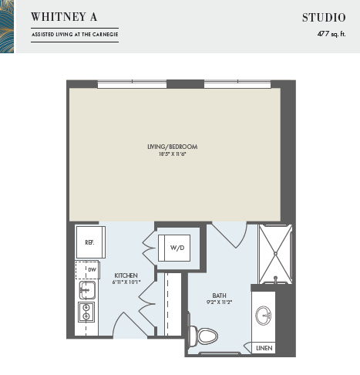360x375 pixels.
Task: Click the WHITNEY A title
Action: [x=64, y=17]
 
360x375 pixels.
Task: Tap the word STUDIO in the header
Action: [x=324, y=18]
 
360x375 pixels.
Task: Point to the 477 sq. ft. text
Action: [x=331, y=34]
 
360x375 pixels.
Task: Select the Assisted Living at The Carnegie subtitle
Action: [x=75, y=35]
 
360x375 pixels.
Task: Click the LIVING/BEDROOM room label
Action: [x=173, y=147]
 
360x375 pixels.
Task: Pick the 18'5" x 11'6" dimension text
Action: [x=172, y=154]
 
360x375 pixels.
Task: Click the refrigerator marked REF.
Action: [x=91, y=242]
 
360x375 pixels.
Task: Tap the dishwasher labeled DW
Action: [x=87, y=270]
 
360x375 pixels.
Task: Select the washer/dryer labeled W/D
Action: [x=174, y=248]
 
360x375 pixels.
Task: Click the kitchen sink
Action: [x=87, y=290]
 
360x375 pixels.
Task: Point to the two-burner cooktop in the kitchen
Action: [x=86, y=312]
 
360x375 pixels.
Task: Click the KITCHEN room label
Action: [x=126, y=275]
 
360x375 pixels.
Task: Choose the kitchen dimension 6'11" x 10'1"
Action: [x=126, y=282]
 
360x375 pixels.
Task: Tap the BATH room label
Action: [x=219, y=296]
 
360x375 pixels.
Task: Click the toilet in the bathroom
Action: [x=204, y=336]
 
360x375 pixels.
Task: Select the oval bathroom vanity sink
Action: [x=264, y=316]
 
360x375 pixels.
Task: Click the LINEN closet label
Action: [x=264, y=348]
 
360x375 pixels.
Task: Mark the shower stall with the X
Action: [x=275, y=254]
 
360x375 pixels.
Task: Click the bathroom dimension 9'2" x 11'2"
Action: [x=219, y=302]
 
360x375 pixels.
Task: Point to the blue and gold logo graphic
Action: [x=7, y=26]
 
